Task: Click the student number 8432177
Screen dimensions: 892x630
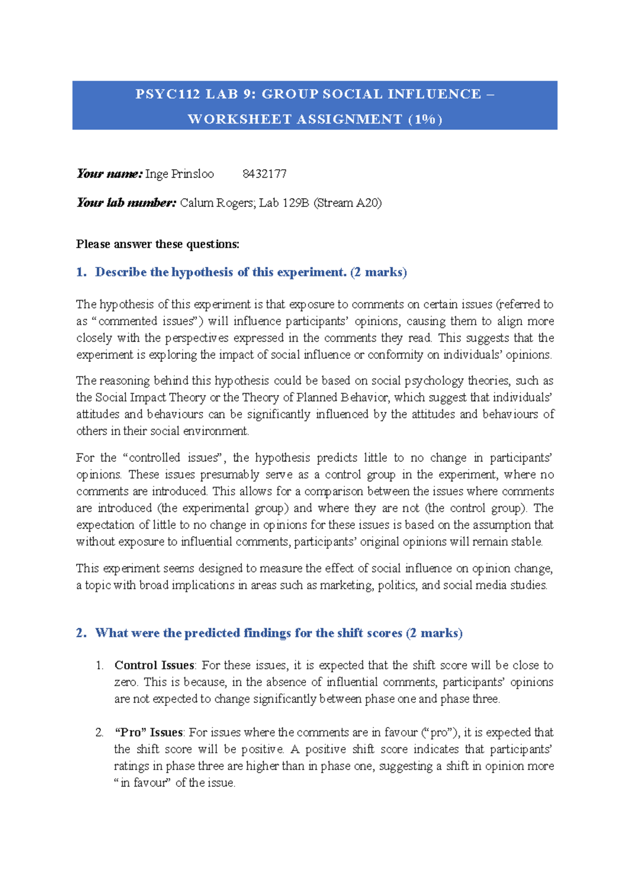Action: (264, 174)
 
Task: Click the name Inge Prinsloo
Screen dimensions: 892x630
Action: (180, 174)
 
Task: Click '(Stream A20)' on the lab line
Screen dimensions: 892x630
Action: (348, 203)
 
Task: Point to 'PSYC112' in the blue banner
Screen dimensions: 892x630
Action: (167, 94)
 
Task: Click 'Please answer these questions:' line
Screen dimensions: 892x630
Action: (157, 244)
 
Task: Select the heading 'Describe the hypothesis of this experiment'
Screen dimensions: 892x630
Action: (220, 272)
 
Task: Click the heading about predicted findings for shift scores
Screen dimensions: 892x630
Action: (278, 633)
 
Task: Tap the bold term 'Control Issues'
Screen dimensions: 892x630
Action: (154, 666)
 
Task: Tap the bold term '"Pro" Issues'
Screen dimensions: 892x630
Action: (149, 733)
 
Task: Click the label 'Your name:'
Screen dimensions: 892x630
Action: (109, 174)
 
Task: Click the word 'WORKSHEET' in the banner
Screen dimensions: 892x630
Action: (239, 119)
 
